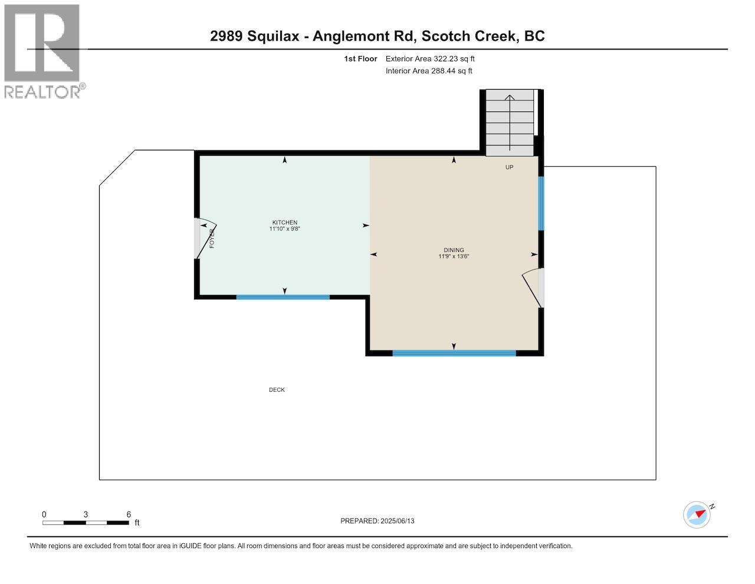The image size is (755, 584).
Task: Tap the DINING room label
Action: pos(454,250)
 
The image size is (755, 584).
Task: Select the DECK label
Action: pos(277,390)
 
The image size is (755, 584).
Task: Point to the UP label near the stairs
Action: pos(509,168)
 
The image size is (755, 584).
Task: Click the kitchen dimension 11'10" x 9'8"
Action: pos(285,229)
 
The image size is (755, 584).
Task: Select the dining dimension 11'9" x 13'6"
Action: pos(454,257)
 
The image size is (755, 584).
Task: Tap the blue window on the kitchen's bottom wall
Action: pos(283,297)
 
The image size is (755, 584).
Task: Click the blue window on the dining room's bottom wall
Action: pos(454,353)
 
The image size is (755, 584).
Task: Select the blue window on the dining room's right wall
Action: pos(541,204)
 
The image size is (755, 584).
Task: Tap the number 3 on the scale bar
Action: pos(86,514)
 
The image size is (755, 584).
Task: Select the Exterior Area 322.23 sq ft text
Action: pos(430,59)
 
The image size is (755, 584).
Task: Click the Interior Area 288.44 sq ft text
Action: pos(429,71)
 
